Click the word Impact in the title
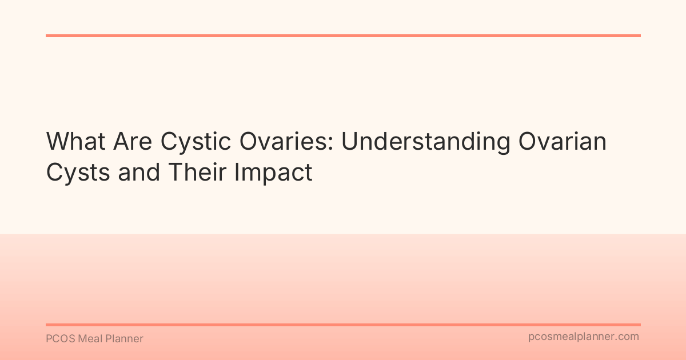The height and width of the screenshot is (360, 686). click(277, 172)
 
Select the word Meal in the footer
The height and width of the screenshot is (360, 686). click(90, 339)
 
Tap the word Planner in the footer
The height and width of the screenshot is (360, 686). click(125, 339)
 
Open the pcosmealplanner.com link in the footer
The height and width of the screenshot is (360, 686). click(583, 337)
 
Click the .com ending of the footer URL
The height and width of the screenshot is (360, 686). click(627, 337)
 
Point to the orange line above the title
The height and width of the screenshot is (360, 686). click(343, 35)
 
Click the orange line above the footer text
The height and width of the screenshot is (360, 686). click(343, 325)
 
